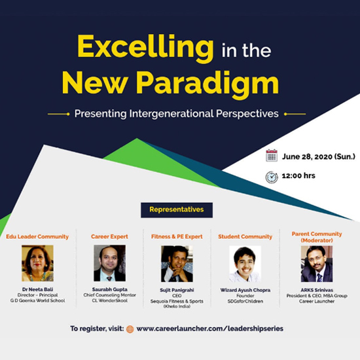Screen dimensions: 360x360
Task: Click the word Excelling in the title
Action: click(x=146, y=48)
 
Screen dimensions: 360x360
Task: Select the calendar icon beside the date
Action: click(x=272, y=155)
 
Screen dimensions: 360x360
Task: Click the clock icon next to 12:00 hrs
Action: click(x=272, y=177)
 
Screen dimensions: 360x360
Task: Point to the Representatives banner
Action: click(x=177, y=210)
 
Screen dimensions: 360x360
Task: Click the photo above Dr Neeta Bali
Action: click(x=38, y=263)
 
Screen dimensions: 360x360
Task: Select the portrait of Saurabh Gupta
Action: click(x=109, y=263)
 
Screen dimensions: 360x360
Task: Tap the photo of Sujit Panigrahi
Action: click(x=177, y=264)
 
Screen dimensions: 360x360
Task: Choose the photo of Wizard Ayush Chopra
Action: click(x=245, y=264)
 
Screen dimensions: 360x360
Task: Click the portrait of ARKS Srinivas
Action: click(x=317, y=264)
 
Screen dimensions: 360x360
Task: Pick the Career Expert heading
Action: click(x=109, y=237)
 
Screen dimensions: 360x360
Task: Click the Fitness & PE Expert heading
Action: click(x=177, y=237)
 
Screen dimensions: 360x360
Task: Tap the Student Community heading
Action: click(x=245, y=237)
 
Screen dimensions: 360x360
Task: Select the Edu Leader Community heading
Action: click(x=37, y=237)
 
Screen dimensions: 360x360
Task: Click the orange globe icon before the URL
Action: click(x=130, y=329)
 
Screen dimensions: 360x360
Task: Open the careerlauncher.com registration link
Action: click(x=210, y=329)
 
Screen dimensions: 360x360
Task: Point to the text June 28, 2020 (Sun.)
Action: click(x=319, y=156)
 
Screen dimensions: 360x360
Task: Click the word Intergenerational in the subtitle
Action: click(x=171, y=114)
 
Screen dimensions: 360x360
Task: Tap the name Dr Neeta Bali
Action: click(x=38, y=289)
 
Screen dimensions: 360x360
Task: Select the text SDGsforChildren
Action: click(x=245, y=301)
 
